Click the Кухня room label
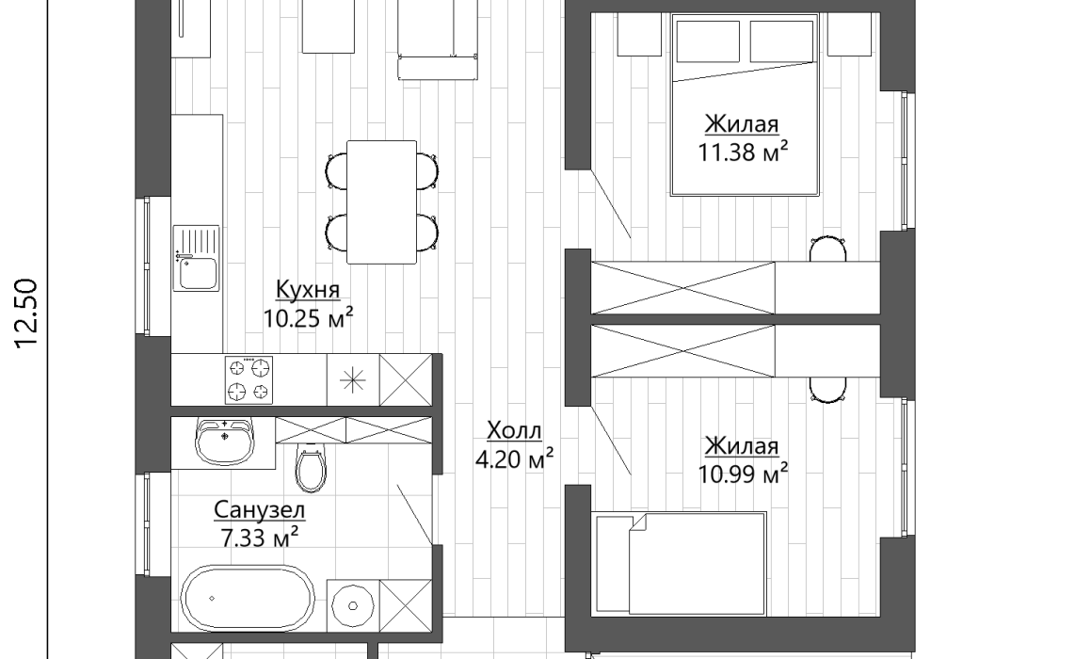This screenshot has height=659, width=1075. tap(308, 289)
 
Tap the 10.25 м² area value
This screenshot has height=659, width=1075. tap(309, 318)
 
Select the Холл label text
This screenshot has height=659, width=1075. tap(514, 430)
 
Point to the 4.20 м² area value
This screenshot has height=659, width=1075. tap(514, 458)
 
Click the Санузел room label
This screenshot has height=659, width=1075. tap(259, 509)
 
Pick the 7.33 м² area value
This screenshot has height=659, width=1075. tap(259, 538)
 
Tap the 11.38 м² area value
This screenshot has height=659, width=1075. tap(743, 152)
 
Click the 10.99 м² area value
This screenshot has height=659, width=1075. tap(743, 474)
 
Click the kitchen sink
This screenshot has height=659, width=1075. tap(196, 258)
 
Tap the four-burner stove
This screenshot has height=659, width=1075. tap(249, 380)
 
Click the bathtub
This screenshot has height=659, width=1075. tap(248, 598)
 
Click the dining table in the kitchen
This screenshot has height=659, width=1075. tap(382, 201)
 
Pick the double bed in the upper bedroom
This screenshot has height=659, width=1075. tap(746, 104)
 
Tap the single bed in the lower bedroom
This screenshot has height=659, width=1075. tap(680, 564)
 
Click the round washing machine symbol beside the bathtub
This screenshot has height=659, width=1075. tap(353, 605)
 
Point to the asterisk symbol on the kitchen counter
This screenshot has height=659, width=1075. tap(353, 380)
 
